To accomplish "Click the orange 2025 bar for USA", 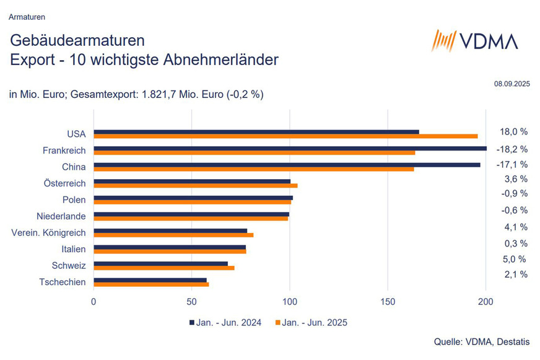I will (x=285, y=136).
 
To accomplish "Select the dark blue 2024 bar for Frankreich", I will (x=290, y=148).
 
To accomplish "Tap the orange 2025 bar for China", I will (x=253, y=169).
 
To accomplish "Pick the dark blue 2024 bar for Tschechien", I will (x=150, y=280).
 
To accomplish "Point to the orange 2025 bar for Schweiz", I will (x=163, y=268).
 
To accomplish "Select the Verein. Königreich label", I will (x=49, y=233).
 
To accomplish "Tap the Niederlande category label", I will (x=61, y=216).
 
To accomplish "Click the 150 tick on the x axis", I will (x=388, y=302).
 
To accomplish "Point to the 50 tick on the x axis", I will (x=191, y=302).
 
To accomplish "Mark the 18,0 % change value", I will (x=513, y=131).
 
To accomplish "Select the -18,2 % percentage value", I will (x=512, y=148).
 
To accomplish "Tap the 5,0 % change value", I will (x=513, y=259).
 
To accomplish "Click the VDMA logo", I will (x=474, y=41).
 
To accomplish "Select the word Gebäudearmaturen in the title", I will (x=77, y=42).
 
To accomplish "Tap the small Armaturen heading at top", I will (x=27, y=16).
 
